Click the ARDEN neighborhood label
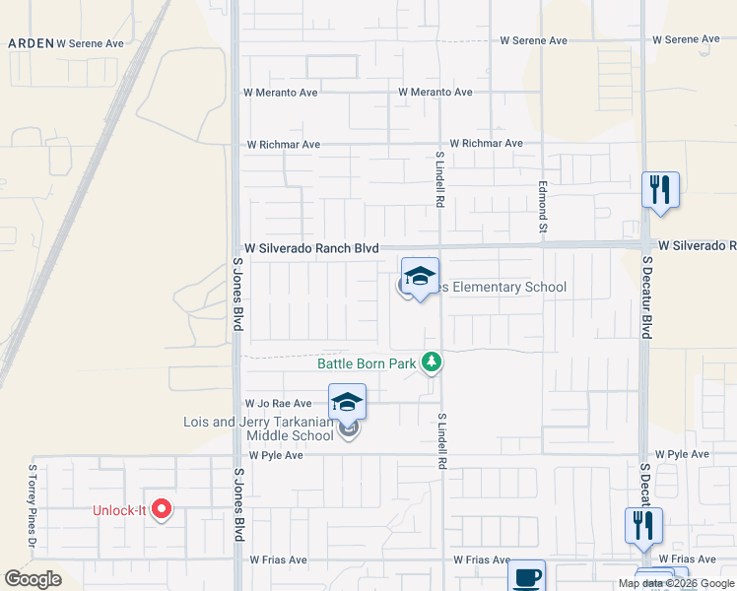click(30, 43)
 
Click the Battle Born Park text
click(367, 363)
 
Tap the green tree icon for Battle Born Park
click(431, 363)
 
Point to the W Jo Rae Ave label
click(278, 404)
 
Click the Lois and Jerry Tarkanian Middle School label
click(259, 428)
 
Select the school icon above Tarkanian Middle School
click(347, 403)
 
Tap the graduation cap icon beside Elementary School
click(420, 277)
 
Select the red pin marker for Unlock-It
click(163, 510)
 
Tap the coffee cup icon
click(526, 576)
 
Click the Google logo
click(33, 579)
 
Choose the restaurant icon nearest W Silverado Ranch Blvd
click(660, 190)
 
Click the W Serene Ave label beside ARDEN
click(91, 43)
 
